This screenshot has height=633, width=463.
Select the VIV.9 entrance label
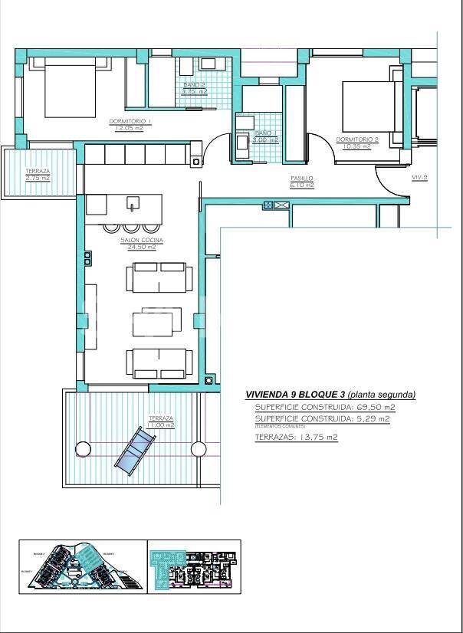[419, 177]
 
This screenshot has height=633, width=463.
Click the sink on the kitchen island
[133, 205]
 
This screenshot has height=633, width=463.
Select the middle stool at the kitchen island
[131, 227]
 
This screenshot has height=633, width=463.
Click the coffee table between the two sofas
[157, 322]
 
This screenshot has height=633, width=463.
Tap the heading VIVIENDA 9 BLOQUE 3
[294, 395]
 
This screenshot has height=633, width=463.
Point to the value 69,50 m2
[376, 407]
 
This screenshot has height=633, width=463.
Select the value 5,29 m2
[373, 418]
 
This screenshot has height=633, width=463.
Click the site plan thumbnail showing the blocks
[80, 566]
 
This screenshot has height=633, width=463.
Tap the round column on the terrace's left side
[81, 448]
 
